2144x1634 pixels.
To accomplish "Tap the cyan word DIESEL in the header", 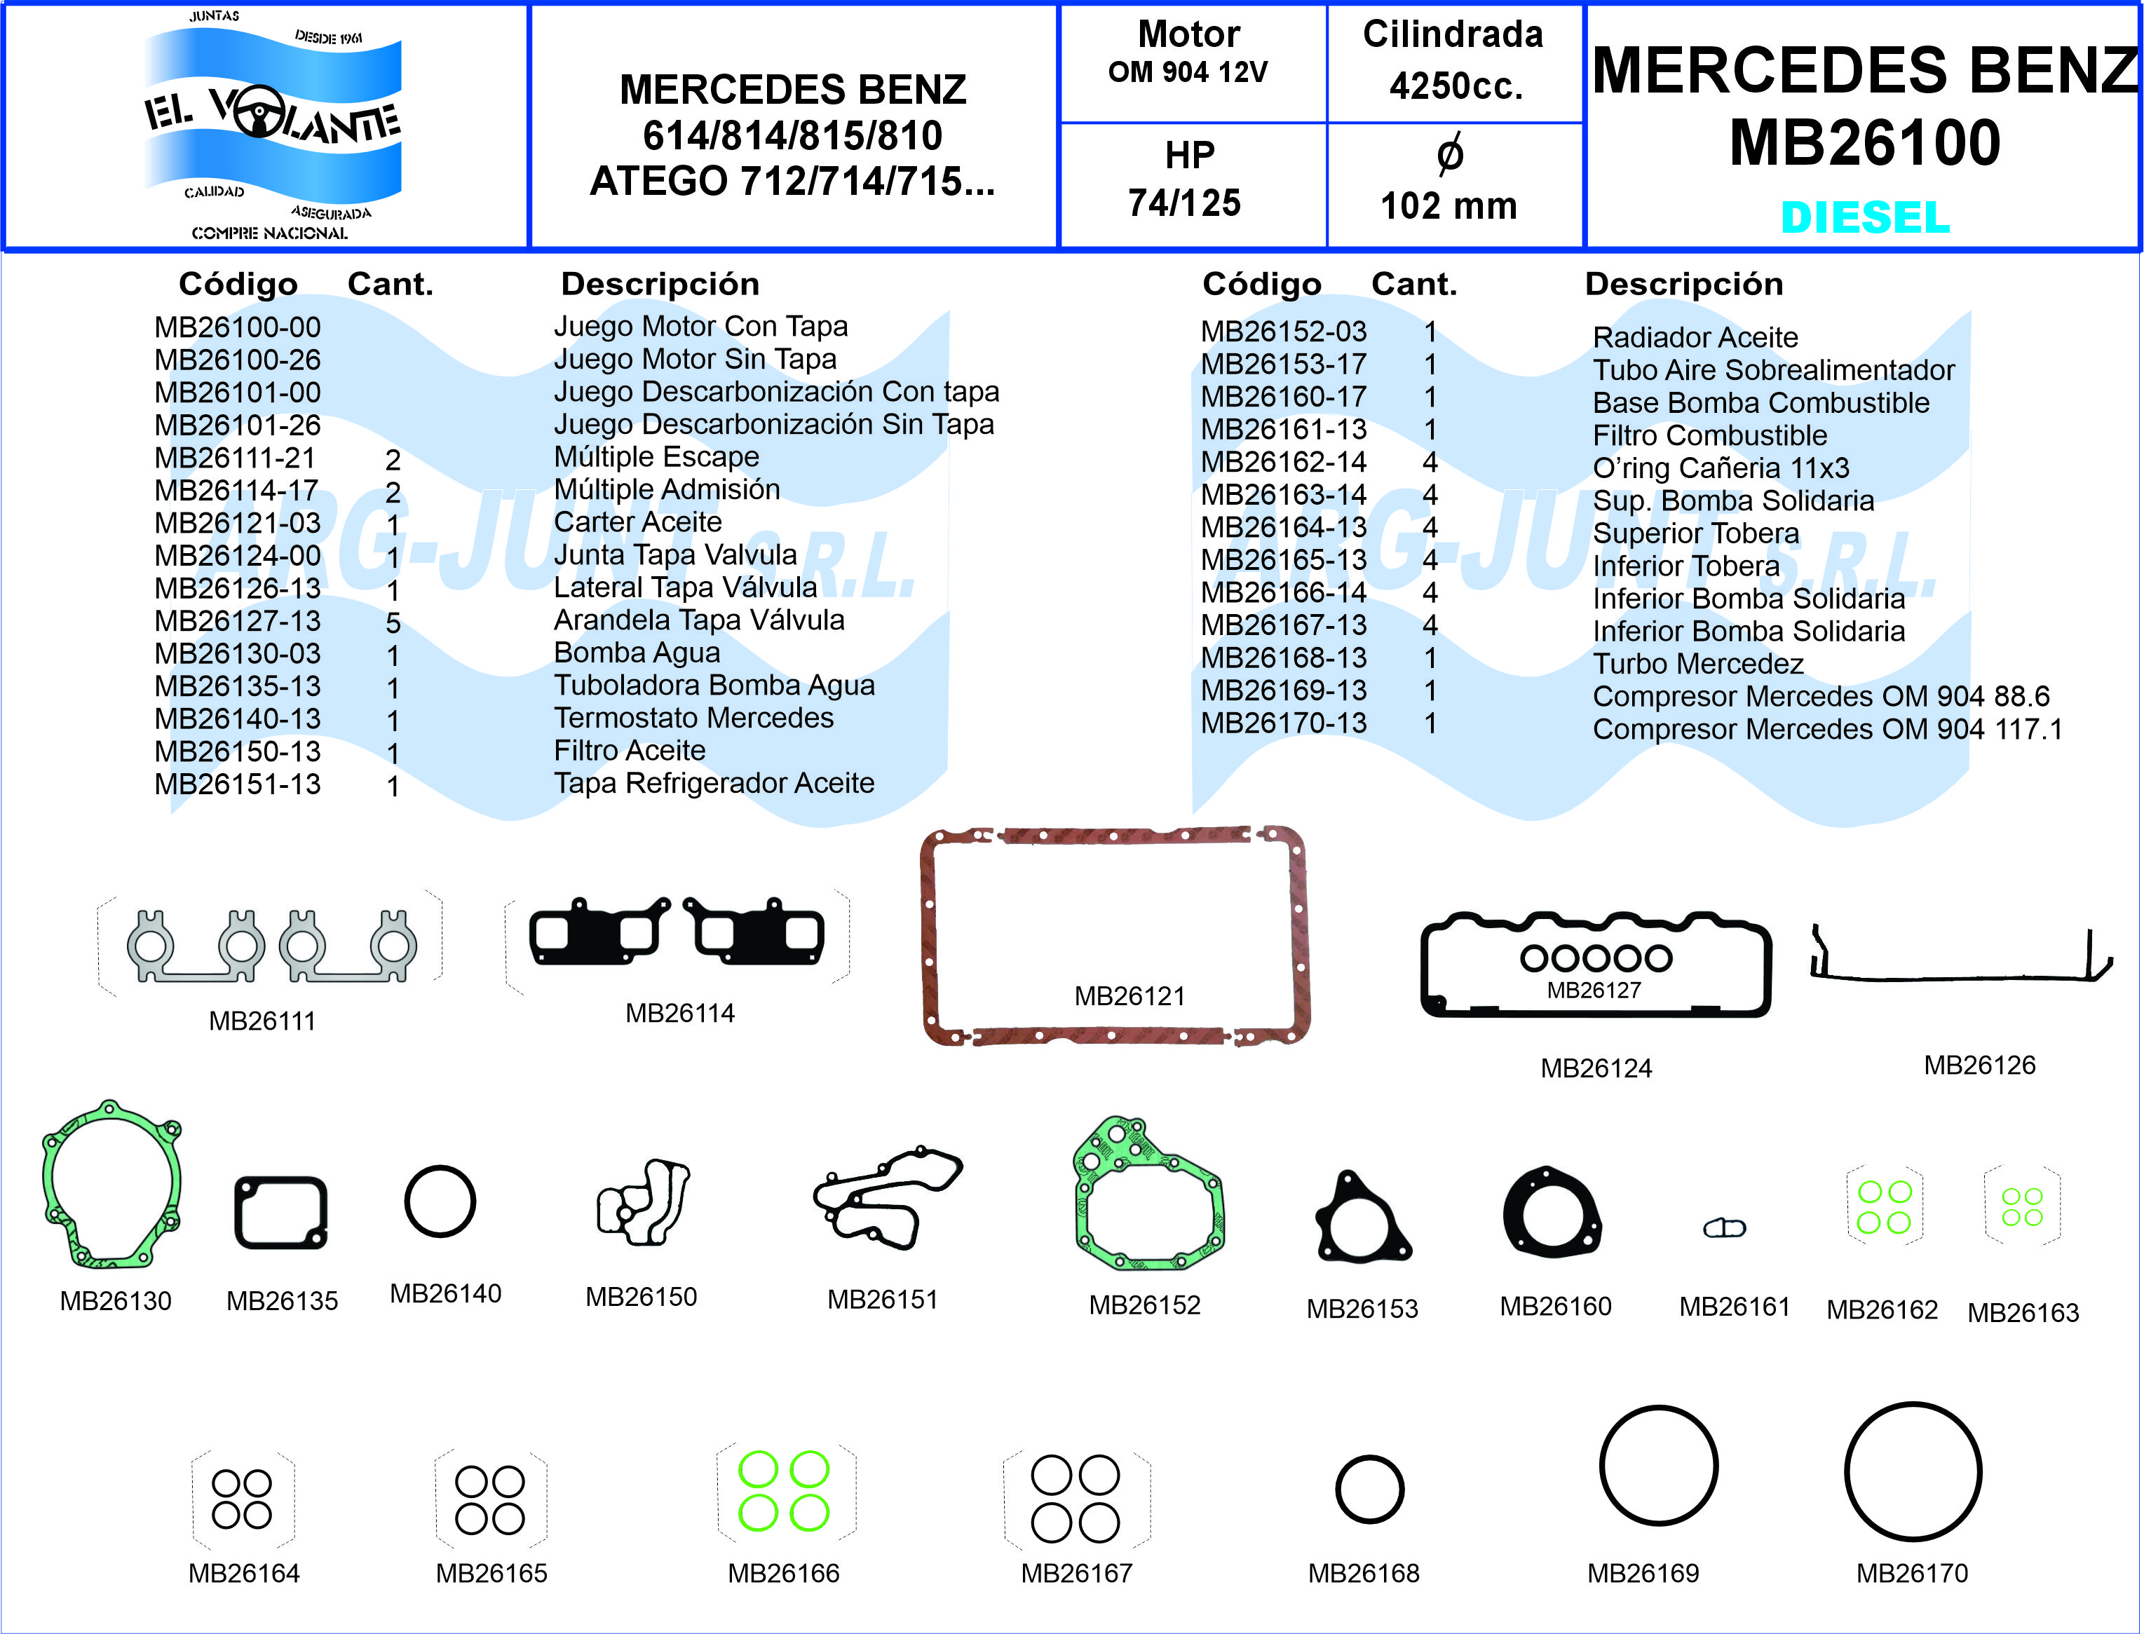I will pos(1865,217).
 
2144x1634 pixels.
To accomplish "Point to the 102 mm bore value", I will pos(1448,205).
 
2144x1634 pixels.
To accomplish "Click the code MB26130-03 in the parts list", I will pos(238,653).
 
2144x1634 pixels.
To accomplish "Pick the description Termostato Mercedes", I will pos(693,718).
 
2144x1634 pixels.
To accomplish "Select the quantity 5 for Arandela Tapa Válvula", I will pos(393,622).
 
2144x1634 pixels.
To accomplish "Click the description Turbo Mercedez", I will pos(1697,663).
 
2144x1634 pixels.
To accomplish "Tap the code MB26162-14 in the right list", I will pos(1283,462).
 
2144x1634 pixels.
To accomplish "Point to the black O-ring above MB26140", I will pos(440,1201).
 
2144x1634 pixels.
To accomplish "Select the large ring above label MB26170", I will pos(1913,1471).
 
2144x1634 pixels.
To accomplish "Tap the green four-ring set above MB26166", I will pos(783,1491).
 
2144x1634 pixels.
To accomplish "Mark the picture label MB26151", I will pos(882,1300).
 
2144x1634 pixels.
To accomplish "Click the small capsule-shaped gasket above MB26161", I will pos(1725,1228).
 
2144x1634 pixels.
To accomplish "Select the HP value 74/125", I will pos(1184,203).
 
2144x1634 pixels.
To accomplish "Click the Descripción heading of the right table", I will pos(1684,284).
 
